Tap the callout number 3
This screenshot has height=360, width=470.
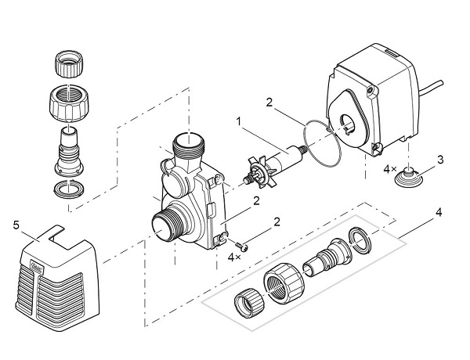coord(440,160)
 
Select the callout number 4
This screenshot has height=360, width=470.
coord(438,211)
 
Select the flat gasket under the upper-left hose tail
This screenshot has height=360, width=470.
coord(67,189)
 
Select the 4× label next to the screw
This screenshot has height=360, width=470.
coord(233,257)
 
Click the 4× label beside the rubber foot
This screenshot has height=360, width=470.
coord(389,169)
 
